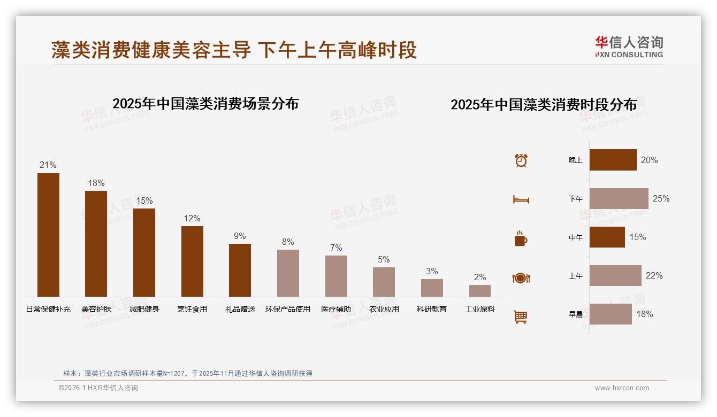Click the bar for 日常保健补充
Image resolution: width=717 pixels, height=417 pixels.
coord(48,235)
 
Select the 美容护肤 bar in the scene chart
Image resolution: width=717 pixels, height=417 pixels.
coord(96,244)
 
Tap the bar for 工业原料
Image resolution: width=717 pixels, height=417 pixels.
coord(480,291)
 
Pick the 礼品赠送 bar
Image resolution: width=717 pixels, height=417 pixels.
coord(240,270)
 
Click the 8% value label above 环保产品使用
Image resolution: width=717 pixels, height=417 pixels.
coord(288,242)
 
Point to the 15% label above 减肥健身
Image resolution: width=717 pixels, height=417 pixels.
coord(144,200)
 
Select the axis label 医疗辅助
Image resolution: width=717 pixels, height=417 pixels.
coord(336,309)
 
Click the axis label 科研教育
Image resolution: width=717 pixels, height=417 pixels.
coord(432,309)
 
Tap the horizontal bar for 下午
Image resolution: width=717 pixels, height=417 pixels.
coord(619,198)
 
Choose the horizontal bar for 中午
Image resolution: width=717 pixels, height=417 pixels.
coord(607,237)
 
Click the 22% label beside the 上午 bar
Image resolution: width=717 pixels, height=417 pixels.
coord(654,275)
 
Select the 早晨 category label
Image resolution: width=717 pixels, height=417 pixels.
coord(576,314)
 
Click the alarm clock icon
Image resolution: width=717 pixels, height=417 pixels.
coord(521,160)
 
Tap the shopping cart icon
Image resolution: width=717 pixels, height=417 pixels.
coord(521,316)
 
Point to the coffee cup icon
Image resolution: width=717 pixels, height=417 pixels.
coord(521,238)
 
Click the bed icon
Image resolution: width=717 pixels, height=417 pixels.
coord(521,199)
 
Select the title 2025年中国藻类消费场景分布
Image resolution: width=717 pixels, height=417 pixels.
coord(205,103)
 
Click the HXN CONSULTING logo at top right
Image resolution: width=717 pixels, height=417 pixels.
coord(629,47)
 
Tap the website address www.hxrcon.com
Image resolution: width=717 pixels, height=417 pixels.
coord(622,388)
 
